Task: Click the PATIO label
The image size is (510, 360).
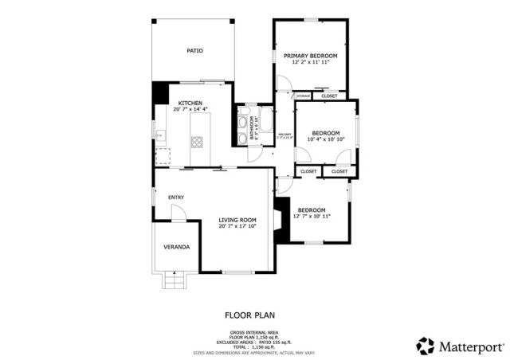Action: click(x=194, y=50)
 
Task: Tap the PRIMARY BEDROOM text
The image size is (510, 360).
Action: click(x=311, y=56)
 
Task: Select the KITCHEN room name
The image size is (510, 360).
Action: click(x=190, y=103)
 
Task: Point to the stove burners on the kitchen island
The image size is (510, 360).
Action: click(x=197, y=143)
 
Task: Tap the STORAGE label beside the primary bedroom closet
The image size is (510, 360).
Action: click(x=303, y=96)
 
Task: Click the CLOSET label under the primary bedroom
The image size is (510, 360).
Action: click(x=329, y=96)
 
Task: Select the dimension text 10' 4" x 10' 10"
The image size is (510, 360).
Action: click(x=326, y=139)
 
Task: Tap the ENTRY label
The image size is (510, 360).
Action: click(x=176, y=198)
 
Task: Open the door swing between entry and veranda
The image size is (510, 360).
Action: click(x=180, y=211)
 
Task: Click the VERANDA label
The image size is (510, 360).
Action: click(x=176, y=247)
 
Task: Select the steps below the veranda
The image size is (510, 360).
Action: click(x=173, y=280)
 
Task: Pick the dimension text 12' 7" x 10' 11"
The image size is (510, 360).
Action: click(x=312, y=216)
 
